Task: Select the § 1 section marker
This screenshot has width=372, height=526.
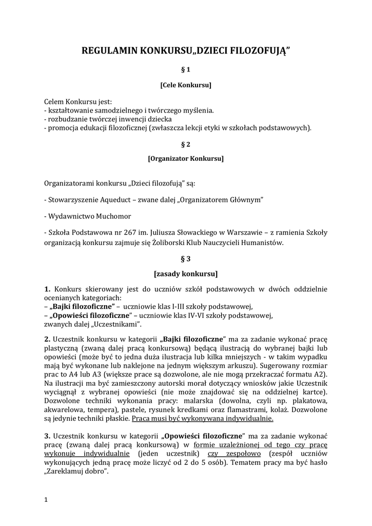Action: point(186,69)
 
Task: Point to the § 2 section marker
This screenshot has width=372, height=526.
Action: point(186,144)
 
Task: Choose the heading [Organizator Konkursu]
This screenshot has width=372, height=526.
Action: point(186,159)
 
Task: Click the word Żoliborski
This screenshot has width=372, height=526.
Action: point(180,243)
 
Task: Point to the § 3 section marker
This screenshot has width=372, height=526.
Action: point(186,259)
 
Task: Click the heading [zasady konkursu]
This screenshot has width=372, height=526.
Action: point(186,273)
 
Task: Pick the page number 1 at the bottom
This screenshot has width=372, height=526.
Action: point(46,500)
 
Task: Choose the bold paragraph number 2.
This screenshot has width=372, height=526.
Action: point(47,340)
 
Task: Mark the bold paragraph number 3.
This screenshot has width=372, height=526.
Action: point(47,436)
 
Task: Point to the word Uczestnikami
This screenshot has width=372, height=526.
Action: point(118,325)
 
